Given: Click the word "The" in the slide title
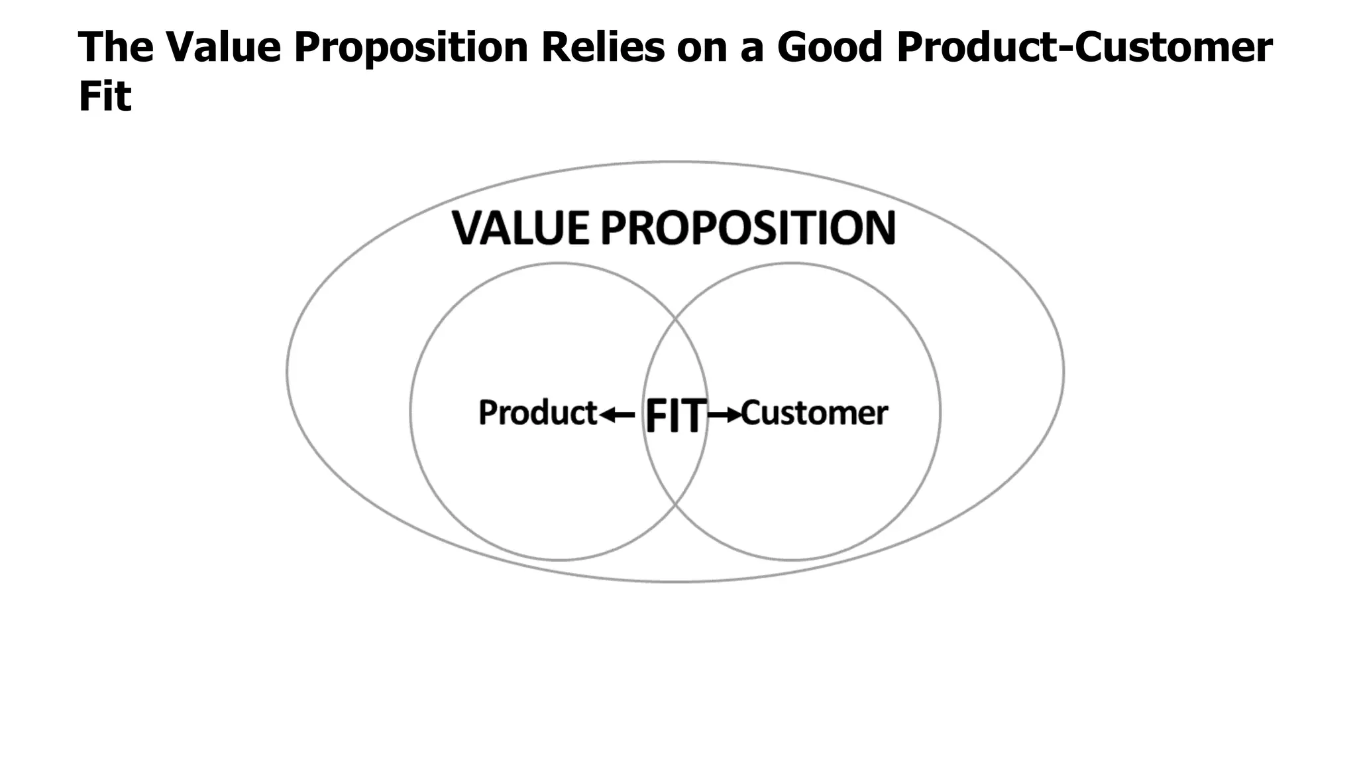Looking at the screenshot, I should [x=115, y=47].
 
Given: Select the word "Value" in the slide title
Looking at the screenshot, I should [x=223, y=47].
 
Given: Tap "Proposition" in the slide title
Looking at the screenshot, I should [x=411, y=48].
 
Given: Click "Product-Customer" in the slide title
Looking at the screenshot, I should [x=1084, y=47].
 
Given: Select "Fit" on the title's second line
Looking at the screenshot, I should [x=105, y=96].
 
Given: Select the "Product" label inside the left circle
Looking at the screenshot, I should [x=537, y=413].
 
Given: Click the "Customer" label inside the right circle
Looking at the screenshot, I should [x=814, y=413].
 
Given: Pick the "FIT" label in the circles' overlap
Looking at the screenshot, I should [x=675, y=416].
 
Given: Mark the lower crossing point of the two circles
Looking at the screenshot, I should [x=675, y=505].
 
